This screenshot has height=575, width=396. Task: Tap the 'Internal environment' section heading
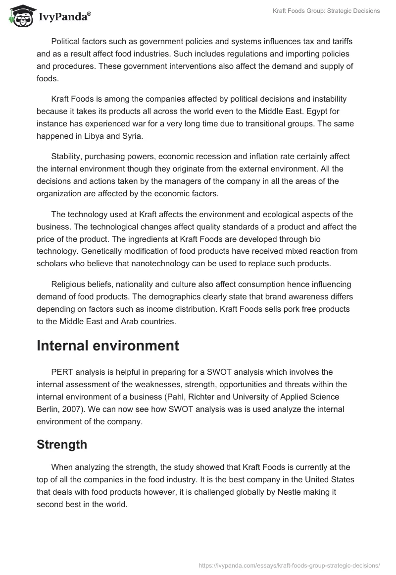point(108,345)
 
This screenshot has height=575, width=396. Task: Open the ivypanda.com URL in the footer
point(289,565)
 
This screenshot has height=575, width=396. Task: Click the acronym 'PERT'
point(62,372)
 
